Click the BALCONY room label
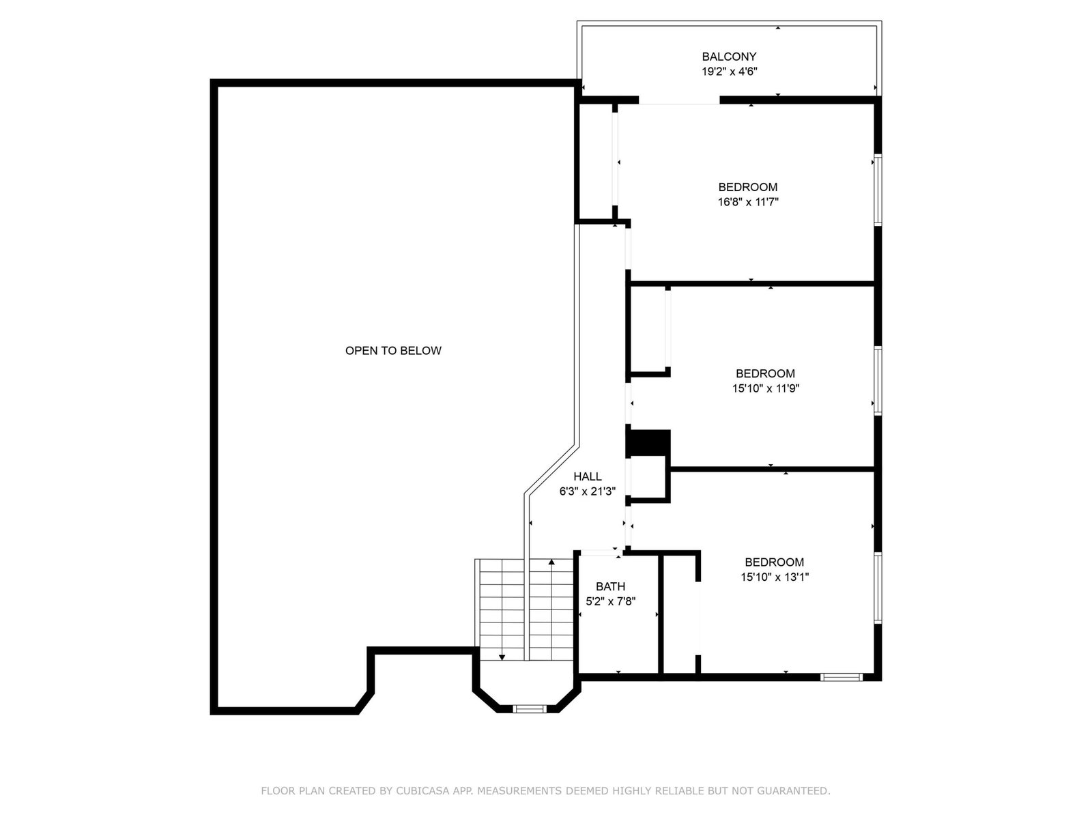coord(729,57)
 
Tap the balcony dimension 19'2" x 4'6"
coord(729,72)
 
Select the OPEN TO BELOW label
coord(393,351)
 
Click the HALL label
coord(588,476)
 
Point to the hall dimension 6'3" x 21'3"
coord(588,491)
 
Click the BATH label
coord(610,587)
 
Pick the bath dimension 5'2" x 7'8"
coord(610,602)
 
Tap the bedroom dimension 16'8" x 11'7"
coord(748,202)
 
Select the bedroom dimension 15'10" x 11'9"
coord(765,388)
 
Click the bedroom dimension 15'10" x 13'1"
coord(774,577)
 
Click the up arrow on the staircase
coord(551,562)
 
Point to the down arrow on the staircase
coord(502,657)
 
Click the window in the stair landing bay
coord(530,708)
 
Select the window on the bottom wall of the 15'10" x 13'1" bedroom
coord(842,676)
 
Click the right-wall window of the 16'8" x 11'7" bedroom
coord(878,190)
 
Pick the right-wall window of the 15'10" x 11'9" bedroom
coord(878,381)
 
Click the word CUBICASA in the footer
coord(422,790)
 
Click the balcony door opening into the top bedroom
coord(679,101)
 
